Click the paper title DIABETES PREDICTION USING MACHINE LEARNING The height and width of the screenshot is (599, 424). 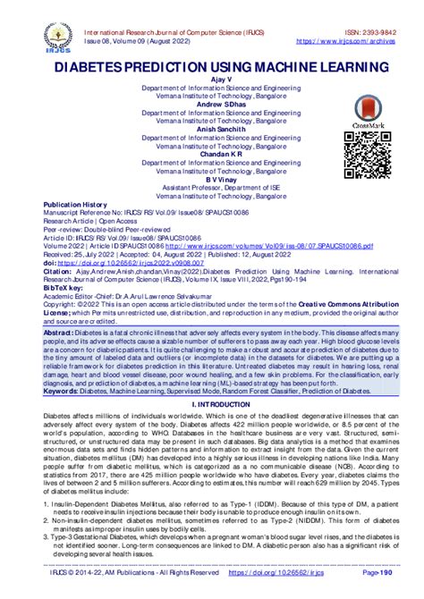click(x=211, y=67)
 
